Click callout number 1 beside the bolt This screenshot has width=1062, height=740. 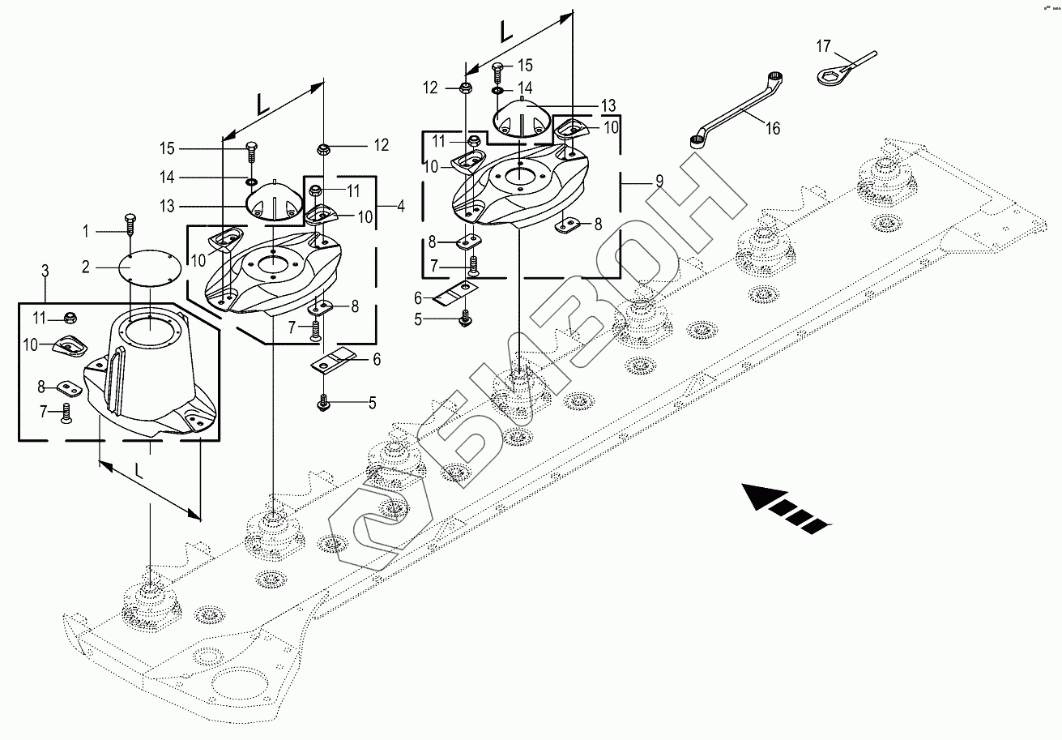(x=87, y=232)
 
